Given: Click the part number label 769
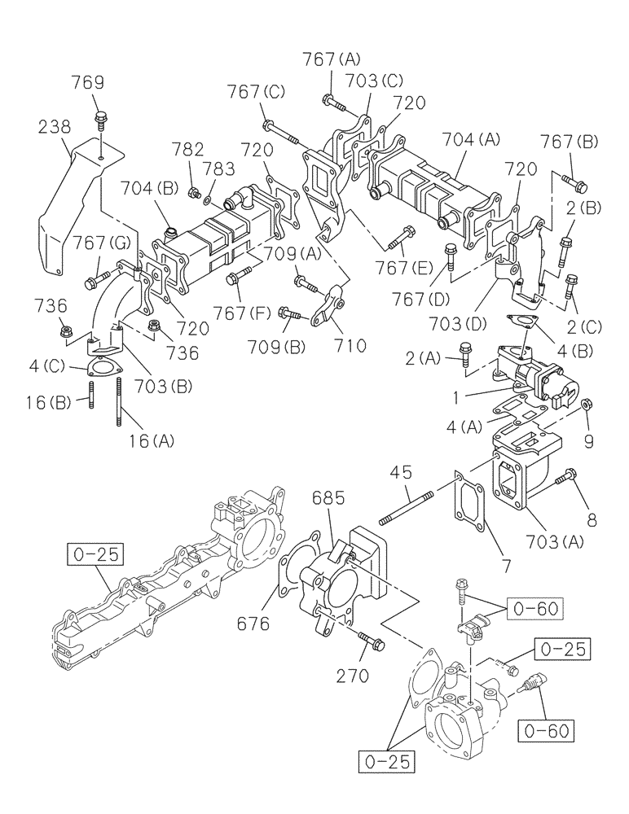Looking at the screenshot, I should (x=87, y=82).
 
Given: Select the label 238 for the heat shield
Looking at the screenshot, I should (x=54, y=127).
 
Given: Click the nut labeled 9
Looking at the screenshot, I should (x=585, y=405).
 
